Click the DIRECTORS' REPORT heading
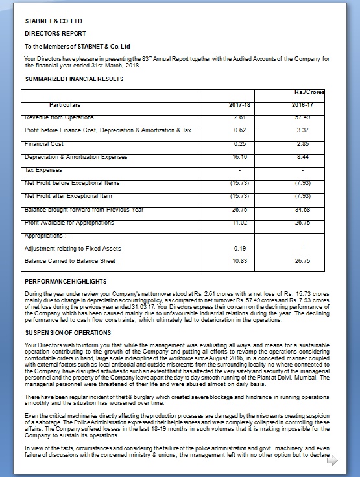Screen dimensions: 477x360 (x=55, y=32)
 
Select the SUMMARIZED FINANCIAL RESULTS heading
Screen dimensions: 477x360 (x=74, y=79)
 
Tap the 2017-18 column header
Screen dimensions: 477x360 (x=239, y=104)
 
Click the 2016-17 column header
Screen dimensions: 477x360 (x=302, y=104)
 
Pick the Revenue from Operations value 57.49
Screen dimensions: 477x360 (x=302, y=117)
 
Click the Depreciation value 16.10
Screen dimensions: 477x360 (x=239, y=157)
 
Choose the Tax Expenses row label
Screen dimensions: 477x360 (x=43, y=170)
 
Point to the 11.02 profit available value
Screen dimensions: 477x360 (x=239, y=222)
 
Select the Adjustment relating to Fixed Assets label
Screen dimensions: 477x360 (x=71, y=248)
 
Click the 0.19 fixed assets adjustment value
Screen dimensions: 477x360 (x=239, y=248)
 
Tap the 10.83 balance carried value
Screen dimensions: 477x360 (x=239, y=261)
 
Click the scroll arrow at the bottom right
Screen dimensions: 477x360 (x=332, y=462)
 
